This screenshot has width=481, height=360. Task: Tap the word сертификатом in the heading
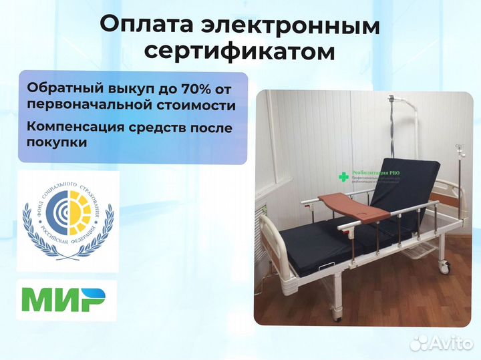pyautogui.click(x=240, y=51)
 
